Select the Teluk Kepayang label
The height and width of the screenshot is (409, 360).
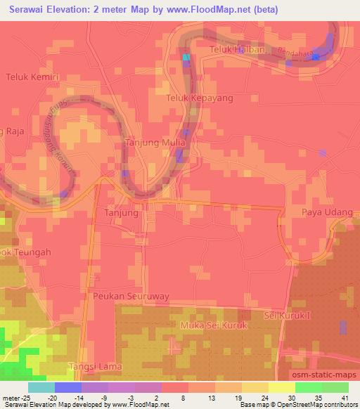point(199,98)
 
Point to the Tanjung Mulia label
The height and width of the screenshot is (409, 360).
point(155,142)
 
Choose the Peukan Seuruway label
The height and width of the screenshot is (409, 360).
point(131,297)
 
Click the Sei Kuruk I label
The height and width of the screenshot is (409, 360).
point(288,316)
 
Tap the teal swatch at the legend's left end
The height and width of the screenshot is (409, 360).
point(41,387)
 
